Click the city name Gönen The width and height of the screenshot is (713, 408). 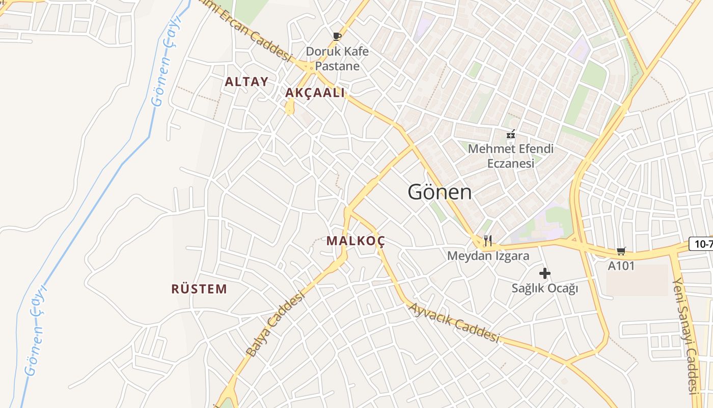point(440,192)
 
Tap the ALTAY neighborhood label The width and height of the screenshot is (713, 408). point(246,82)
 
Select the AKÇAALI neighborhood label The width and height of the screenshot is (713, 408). point(315,93)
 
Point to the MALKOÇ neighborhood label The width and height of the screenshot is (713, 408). point(355,241)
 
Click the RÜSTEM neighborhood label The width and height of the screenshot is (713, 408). point(199,289)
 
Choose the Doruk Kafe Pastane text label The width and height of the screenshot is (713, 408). point(337,59)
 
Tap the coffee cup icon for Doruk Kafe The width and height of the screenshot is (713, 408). point(337,36)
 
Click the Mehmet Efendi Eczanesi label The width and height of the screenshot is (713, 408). point(511,156)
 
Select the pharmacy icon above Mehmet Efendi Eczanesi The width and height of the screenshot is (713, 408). point(511,135)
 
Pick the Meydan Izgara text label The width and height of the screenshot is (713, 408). point(488,256)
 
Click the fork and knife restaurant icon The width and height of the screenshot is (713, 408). point(487,240)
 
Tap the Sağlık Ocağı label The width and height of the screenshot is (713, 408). point(545,288)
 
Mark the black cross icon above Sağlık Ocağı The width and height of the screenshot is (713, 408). point(545,273)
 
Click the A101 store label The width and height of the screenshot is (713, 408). point(621,266)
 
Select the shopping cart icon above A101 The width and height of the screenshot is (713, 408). point(621,250)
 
